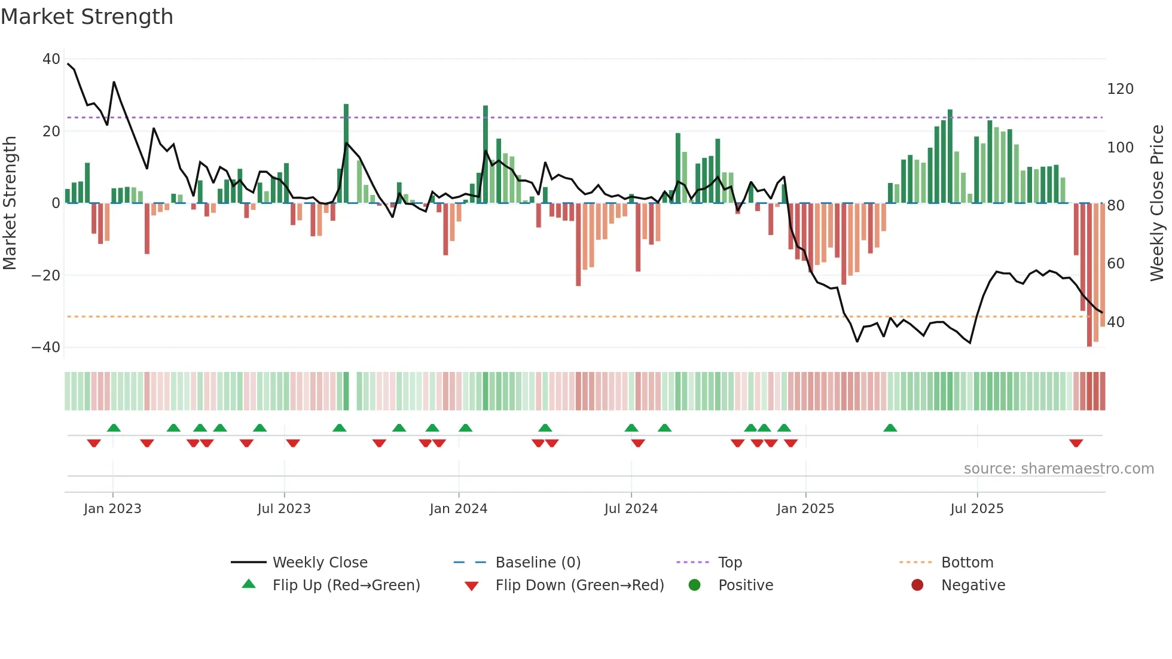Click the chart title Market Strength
pyautogui.click(x=87, y=17)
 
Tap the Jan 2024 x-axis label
pyautogui.click(x=458, y=509)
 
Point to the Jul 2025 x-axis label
pyautogui.click(x=976, y=509)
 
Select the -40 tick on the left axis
pyautogui.click(x=46, y=347)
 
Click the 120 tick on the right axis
pyautogui.click(x=1120, y=89)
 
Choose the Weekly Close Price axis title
pyautogui.click(x=1157, y=203)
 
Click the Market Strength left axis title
pyautogui.click(x=10, y=203)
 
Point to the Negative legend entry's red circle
pyautogui.click(x=917, y=585)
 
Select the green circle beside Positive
pyautogui.click(x=694, y=585)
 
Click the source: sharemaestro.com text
pyautogui.click(x=1058, y=469)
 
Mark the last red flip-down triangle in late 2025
pyautogui.click(x=1076, y=443)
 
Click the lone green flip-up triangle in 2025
pyautogui.click(x=890, y=428)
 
